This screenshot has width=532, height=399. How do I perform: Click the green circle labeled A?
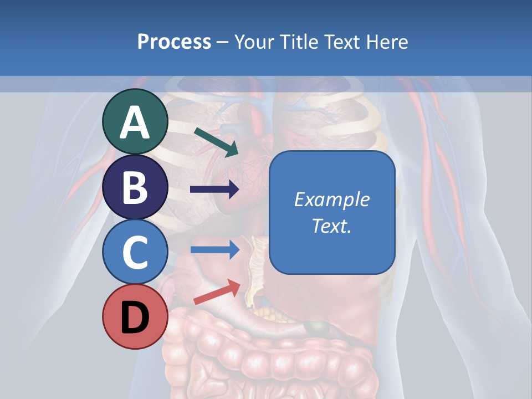click(x=135, y=121)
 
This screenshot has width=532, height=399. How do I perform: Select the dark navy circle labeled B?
click(x=135, y=187)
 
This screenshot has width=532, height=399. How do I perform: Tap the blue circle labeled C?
click(x=135, y=252)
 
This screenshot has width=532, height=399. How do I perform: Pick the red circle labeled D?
click(x=135, y=316)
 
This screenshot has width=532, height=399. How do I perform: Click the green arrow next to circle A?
click(x=217, y=142)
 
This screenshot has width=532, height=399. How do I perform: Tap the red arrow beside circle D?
click(x=217, y=292)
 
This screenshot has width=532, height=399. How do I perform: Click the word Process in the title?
click(x=174, y=42)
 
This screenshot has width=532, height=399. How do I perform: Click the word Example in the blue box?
click(x=331, y=199)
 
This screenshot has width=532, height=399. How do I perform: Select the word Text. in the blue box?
click(x=331, y=226)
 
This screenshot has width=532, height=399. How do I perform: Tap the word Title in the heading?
click(x=295, y=42)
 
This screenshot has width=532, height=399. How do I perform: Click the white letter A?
click(x=135, y=122)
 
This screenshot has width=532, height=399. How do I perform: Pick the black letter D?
click(x=135, y=318)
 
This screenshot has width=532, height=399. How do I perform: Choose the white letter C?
click(x=135, y=252)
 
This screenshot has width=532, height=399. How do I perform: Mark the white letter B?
click(x=135, y=187)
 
